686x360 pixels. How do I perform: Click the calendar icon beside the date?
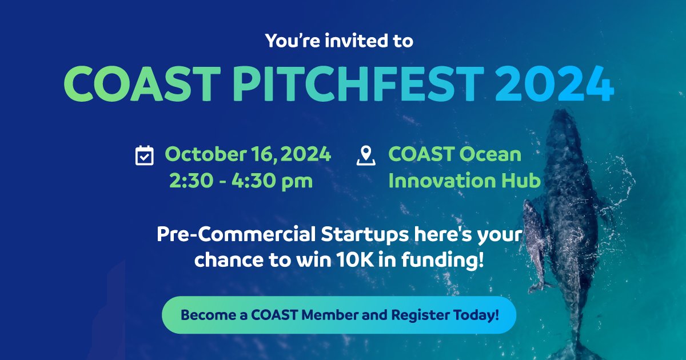tap(144, 155)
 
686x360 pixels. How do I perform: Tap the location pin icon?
tap(365, 155)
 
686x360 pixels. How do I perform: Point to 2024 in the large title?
tap(555, 83)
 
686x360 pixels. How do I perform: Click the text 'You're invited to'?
tap(339, 41)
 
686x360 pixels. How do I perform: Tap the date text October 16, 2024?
tap(248, 154)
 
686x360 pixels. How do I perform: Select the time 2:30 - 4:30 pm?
tap(241, 181)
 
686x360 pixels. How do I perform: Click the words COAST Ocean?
tap(454, 154)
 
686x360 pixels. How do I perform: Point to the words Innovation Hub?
tap(464, 181)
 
